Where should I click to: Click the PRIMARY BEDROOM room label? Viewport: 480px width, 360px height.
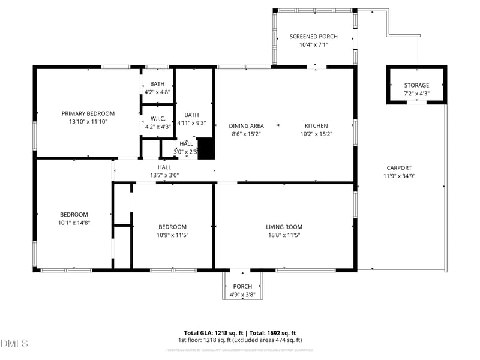[x=88, y=113]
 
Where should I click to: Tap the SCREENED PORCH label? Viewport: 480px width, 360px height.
[x=309, y=37]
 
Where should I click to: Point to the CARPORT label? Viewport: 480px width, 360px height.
[x=399, y=168]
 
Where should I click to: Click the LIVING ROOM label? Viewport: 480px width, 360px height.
[x=284, y=227]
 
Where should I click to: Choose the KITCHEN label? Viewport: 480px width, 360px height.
[x=316, y=126]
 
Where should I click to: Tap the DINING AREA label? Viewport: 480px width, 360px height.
[x=246, y=126]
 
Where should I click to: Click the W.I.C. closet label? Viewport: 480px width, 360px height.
[x=158, y=118]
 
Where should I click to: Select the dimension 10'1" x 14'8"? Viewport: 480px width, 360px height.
[x=74, y=223]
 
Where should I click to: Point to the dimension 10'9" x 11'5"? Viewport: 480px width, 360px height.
[x=172, y=235]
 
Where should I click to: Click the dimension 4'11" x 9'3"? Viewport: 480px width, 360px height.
[x=191, y=123]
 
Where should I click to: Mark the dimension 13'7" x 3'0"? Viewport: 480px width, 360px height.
[x=164, y=175]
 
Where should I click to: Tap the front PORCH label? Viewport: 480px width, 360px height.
[x=242, y=287]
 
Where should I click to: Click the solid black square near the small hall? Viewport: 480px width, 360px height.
[x=206, y=149]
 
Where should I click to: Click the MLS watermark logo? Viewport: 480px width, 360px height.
[x=14, y=344]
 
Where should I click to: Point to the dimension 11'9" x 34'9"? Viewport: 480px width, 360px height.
[x=399, y=176]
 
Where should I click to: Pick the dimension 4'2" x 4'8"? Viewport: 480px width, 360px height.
[x=157, y=92]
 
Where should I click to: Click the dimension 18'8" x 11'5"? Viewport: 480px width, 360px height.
[x=284, y=235]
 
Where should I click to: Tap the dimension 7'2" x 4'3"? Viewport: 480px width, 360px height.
[x=416, y=94]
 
